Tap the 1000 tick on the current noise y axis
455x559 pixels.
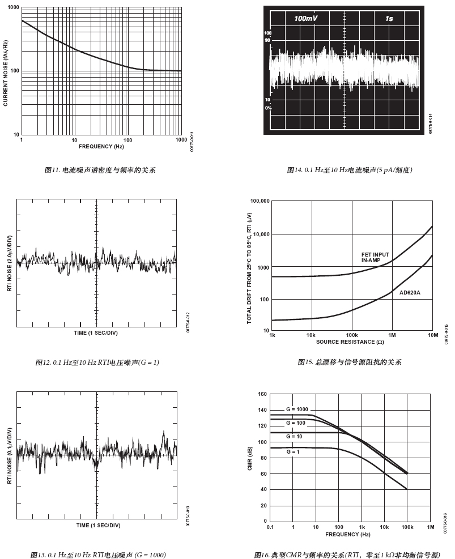point(12,7)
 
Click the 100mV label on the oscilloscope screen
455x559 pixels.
point(305,19)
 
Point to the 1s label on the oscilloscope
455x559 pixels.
point(389,19)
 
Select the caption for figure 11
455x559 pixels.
point(100,170)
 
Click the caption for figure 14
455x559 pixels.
point(350,170)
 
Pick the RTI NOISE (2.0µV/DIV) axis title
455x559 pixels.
point(9,264)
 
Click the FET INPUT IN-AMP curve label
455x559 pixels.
point(375,258)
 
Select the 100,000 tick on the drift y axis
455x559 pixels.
point(258,201)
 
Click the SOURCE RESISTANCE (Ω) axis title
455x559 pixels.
point(346,342)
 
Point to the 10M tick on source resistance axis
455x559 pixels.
point(433,335)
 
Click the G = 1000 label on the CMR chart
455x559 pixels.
point(297,409)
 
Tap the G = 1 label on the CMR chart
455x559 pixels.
point(292,451)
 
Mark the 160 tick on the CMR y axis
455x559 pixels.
point(262,394)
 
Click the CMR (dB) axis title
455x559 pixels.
point(250,458)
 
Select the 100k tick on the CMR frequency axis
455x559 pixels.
point(407,527)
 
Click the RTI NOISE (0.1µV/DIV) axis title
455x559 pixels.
point(9,456)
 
